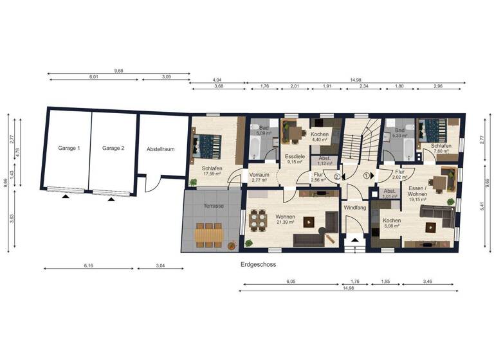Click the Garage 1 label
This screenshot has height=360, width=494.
69,148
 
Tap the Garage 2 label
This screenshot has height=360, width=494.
113,148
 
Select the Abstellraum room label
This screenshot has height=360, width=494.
161,148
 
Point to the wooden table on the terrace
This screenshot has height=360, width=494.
206,234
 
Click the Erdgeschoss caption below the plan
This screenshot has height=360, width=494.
254,264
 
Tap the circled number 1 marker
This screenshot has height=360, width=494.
367,174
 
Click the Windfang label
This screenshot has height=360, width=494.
354,208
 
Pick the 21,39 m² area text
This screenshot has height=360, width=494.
286,223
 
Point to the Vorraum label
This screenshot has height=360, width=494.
259,174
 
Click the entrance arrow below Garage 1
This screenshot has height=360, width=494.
65,198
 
